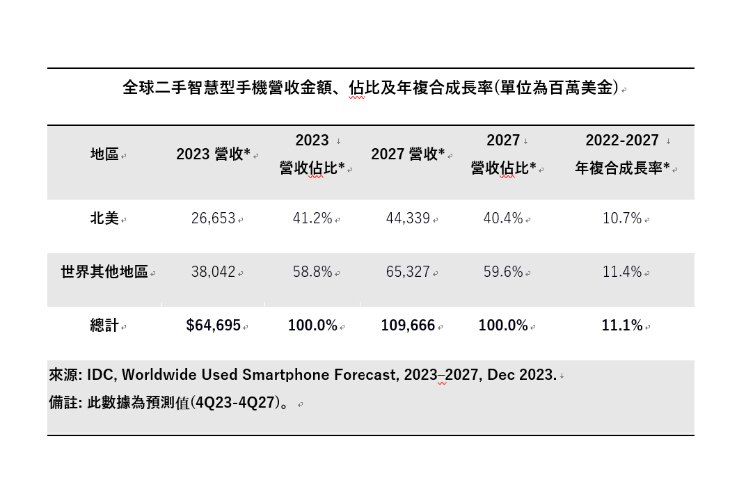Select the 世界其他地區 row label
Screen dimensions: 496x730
[x=104, y=272]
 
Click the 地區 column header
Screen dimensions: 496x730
[x=104, y=154]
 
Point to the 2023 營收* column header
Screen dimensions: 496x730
[x=213, y=154]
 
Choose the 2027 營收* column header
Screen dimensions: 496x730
[x=408, y=154]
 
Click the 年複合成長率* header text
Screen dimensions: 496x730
[x=622, y=168]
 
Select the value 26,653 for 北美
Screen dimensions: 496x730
[x=213, y=218]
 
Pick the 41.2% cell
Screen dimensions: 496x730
[x=312, y=218]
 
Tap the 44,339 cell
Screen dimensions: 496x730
[x=408, y=218]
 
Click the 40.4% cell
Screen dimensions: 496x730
[x=503, y=218]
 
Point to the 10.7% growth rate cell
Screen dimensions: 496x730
[x=622, y=218]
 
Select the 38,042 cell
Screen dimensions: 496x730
[x=213, y=272]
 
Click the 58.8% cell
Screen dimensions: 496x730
[x=312, y=272]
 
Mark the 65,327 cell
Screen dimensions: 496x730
[x=408, y=272]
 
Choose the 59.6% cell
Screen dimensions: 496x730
[x=503, y=272]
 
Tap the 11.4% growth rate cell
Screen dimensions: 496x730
[x=622, y=272]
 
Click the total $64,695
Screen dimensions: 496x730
[x=213, y=325]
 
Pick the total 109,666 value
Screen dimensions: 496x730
[x=408, y=325]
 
